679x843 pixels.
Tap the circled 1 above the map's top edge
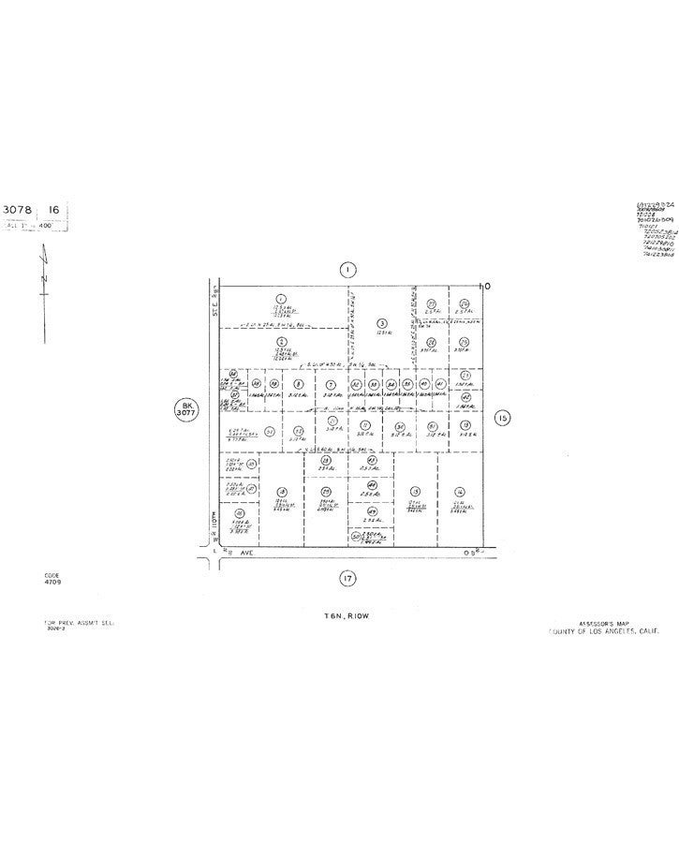click(x=347, y=270)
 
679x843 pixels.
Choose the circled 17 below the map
click(x=347, y=578)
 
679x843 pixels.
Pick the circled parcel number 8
click(x=298, y=384)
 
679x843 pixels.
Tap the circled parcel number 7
click(x=331, y=384)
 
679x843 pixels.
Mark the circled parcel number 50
click(x=356, y=537)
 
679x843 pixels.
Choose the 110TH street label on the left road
click(x=214, y=517)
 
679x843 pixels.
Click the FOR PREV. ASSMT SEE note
click(x=71, y=622)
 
